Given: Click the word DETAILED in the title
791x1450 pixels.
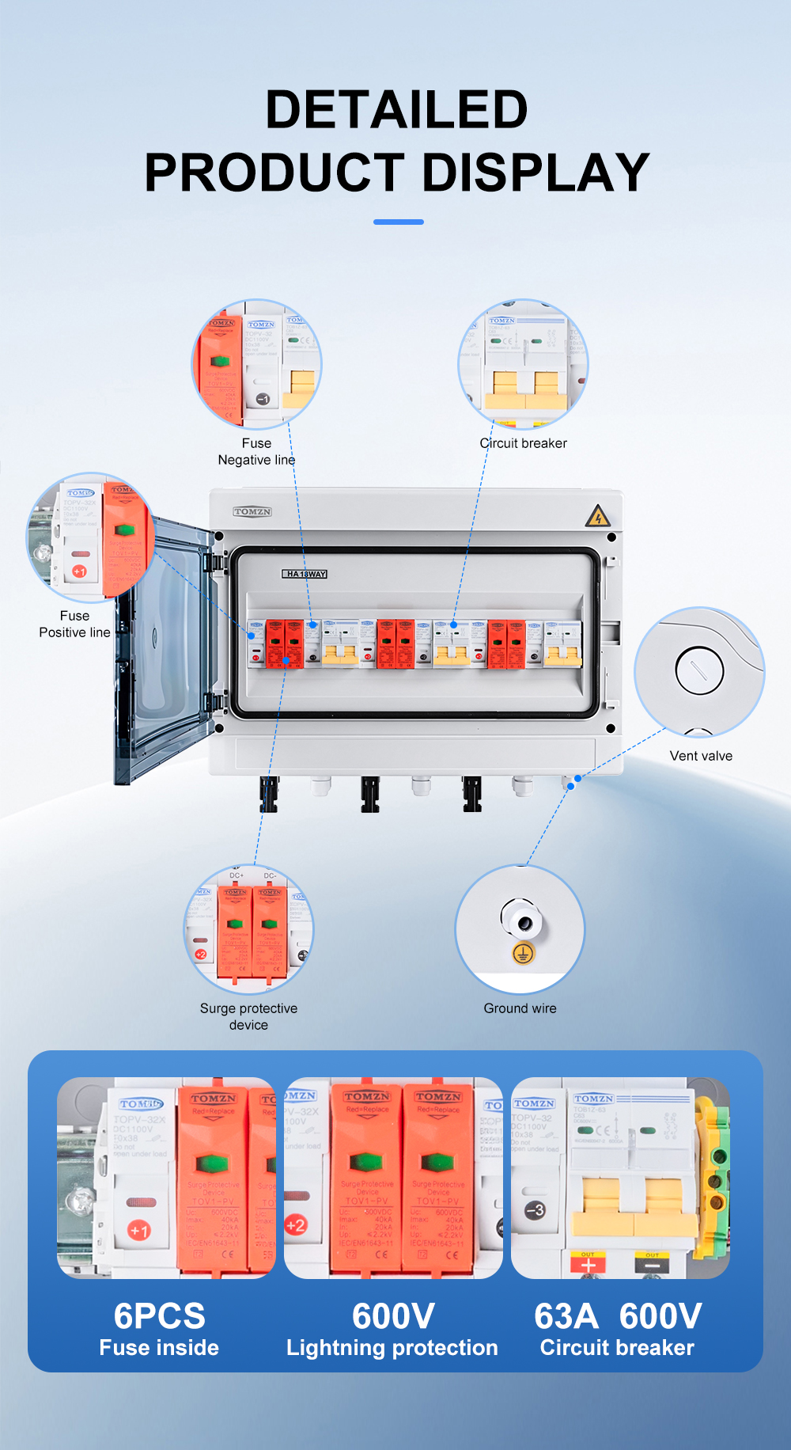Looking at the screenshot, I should [396, 109].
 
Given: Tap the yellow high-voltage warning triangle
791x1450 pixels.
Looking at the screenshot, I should [597, 517].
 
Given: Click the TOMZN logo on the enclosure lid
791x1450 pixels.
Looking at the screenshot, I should [252, 512].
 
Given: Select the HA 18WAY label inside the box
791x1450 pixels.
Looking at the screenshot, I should [305, 574].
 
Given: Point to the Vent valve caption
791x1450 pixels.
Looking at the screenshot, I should [701, 756].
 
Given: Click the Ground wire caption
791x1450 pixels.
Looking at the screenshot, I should [520, 1008].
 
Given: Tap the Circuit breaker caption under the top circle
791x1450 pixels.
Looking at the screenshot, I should [524, 443].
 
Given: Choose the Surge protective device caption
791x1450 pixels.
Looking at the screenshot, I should [248, 1016].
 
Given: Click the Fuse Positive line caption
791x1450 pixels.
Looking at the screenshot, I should [74, 624].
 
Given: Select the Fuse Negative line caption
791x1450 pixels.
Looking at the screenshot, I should [256, 451].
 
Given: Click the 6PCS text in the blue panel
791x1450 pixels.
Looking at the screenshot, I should [159, 1316].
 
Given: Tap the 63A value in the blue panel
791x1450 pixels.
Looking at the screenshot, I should [566, 1316].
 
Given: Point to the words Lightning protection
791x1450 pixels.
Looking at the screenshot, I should [392, 1348].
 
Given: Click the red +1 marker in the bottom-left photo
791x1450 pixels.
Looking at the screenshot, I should [139, 1231].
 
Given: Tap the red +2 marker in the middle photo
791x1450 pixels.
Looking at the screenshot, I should [295, 1225].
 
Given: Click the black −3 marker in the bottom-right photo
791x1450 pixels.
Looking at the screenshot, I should [535, 1210].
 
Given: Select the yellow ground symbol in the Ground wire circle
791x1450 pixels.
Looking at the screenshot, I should [523, 953].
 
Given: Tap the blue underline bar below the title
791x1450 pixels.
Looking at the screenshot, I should [398, 222].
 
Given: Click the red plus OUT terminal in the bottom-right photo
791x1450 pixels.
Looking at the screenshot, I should [588, 1264].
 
